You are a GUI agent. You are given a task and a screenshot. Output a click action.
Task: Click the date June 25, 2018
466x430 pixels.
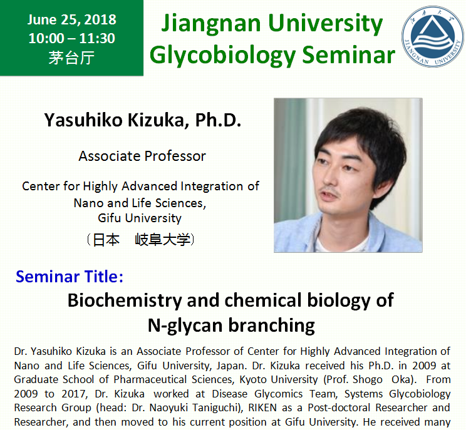(71, 19)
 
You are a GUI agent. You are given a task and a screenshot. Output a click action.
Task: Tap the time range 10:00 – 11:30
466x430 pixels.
(71, 38)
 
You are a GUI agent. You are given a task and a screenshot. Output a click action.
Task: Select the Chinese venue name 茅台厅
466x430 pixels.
(71, 58)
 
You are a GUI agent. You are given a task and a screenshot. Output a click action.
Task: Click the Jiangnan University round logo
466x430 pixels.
(432, 36)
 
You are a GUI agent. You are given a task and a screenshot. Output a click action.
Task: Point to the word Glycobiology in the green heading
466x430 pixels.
(222, 56)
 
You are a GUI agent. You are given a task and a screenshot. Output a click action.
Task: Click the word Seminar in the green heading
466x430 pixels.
(349, 55)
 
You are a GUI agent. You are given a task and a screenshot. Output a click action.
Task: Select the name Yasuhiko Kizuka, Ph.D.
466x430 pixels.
(143, 120)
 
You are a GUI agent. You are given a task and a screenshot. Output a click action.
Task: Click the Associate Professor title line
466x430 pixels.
(142, 156)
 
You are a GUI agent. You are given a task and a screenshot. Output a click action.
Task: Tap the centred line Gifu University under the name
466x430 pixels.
(140, 218)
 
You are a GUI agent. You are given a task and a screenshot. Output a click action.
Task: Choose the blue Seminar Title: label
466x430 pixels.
(70, 277)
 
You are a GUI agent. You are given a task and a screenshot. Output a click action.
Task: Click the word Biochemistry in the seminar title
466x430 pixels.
(125, 300)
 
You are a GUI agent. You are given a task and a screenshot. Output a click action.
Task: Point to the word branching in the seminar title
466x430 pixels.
(271, 325)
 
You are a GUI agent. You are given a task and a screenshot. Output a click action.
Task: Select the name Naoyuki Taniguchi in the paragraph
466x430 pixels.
(194, 407)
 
